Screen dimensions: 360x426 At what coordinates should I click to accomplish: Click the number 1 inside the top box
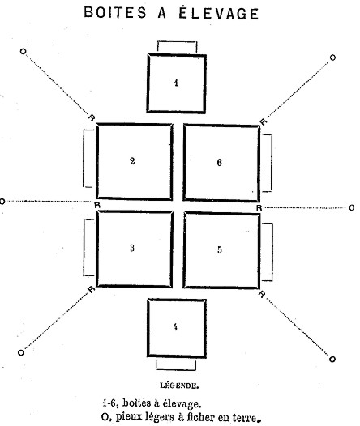177,83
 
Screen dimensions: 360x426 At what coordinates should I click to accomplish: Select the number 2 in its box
132,161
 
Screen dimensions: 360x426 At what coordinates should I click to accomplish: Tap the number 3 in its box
132,248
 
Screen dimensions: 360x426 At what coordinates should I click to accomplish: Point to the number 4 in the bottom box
176,327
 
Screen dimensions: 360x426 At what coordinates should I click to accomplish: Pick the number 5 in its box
220,249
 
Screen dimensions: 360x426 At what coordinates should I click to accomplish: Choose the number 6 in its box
220,163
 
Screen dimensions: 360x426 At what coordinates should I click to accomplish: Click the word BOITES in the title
115,12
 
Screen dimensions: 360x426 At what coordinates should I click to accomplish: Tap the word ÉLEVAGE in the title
218,13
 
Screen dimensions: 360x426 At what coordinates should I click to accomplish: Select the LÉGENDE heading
179,386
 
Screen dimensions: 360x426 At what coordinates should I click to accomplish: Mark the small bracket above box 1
178,42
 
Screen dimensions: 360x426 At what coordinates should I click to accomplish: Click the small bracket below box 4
176,369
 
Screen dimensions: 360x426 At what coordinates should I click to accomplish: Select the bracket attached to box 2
84,158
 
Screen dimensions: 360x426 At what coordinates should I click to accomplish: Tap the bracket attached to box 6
271,163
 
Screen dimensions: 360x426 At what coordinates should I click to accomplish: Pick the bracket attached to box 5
272,252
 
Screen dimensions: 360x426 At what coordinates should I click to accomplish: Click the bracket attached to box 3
84,247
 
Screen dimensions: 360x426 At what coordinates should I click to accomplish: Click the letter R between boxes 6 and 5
259,208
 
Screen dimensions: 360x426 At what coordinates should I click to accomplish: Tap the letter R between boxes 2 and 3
97,205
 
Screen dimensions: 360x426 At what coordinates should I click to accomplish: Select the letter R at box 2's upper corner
92,118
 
